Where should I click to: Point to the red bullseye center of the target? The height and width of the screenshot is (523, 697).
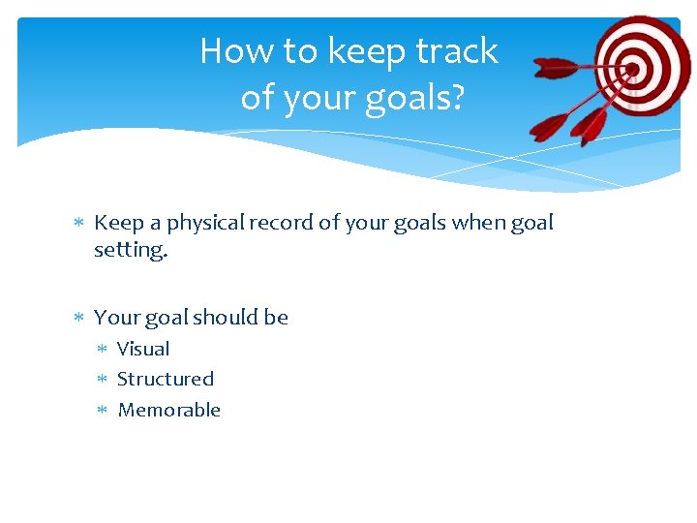[x=633, y=70]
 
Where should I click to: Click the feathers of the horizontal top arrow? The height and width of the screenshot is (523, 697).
[x=556, y=69]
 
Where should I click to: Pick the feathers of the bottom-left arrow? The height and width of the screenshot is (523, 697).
[x=550, y=127]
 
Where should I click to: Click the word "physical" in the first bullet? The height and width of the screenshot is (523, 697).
[x=205, y=223]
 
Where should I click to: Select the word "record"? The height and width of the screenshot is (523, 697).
[x=281, y=223]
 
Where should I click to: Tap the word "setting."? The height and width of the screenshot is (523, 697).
[x=130, y=250]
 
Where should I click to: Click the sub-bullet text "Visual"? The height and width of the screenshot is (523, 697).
[x=143, y=349]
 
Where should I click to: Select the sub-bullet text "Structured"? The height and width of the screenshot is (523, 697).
[x=166, y=379]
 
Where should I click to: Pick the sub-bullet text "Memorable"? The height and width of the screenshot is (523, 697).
[x=169, y=410]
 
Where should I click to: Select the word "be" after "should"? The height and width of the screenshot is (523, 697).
[x=276, y=318]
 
